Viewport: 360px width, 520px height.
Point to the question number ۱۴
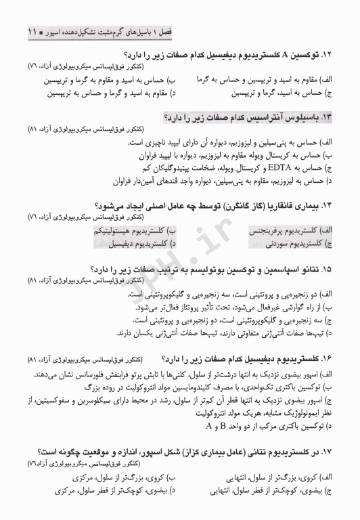[x=328, y=206]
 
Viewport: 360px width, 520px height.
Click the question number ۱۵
[x=328, y=269]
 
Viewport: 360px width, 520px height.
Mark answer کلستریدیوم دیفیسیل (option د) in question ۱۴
[x=139, y=242]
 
